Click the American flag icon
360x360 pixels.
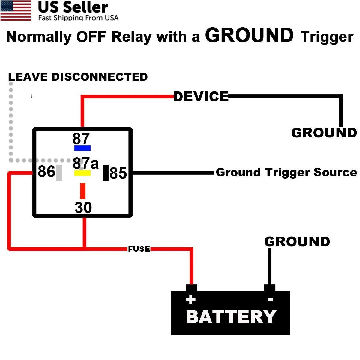[16, 10]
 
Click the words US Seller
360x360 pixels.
[73, 7]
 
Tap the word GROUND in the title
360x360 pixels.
[249, 35]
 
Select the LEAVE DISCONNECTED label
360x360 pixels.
[78, 77]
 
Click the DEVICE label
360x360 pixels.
[201, 97]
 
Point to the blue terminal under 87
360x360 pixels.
[82, 148]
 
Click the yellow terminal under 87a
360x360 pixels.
[82, 173]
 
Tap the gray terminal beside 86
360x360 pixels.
[59, 173]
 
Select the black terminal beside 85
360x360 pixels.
[106, 173]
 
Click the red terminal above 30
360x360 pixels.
[83, 191]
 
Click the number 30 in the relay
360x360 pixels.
[83, 208]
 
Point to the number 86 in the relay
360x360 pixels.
[46, 171]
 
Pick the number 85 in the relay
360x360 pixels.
[118, 173]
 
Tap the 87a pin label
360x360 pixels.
[85, 163]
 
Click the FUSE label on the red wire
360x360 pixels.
[139, 249]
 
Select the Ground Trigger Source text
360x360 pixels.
[286, 172]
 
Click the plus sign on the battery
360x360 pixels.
[191, 299]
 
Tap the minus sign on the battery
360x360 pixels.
[271, 300]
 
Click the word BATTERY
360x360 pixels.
[231, 317]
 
